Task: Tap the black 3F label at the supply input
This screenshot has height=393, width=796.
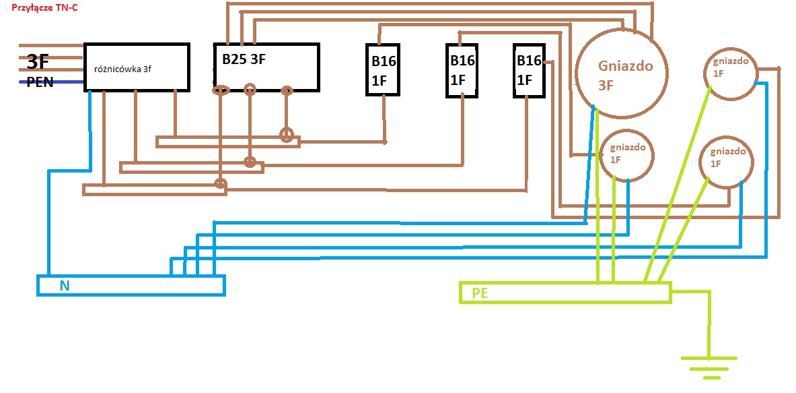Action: pyautogui.click(x=38, y=62)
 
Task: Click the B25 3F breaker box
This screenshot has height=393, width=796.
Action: pyautogui.click(x=266, y=67)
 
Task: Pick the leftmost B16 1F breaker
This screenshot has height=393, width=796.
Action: pyautogui.click(x=382, y=70)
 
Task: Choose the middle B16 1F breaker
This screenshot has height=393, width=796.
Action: pyautogui.click(x=462, y=69)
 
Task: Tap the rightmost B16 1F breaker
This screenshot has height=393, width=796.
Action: pyautogui.click(x=529, y=70)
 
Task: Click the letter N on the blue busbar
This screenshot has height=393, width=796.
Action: pyautogui.click(x=65, y=285)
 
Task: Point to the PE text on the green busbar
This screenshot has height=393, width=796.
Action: pyautogui.click(x=480, y=293)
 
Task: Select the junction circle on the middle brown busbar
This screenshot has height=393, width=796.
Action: pyautogui.click(x=250, y=162)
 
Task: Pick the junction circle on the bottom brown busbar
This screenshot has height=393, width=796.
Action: pyautogui.click(x=219, y=183)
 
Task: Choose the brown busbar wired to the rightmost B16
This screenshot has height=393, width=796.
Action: pyautogui.click(x=154, y=189)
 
